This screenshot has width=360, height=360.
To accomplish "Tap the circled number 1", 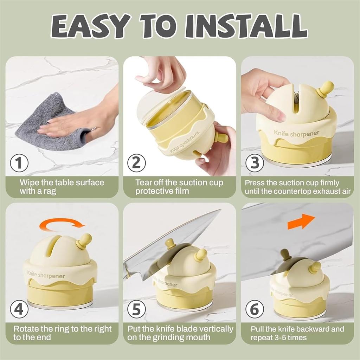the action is (x=19, y=163).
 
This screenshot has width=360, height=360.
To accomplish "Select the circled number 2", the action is (x=137, y=163).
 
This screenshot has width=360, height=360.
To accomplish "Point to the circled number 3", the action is (x=255, y=163).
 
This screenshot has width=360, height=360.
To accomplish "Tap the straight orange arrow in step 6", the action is (x=301, y=221).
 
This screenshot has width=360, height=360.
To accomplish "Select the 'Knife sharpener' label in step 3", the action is (x=296, y=133).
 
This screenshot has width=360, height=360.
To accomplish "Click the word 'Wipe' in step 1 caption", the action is (x=30, y=183).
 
